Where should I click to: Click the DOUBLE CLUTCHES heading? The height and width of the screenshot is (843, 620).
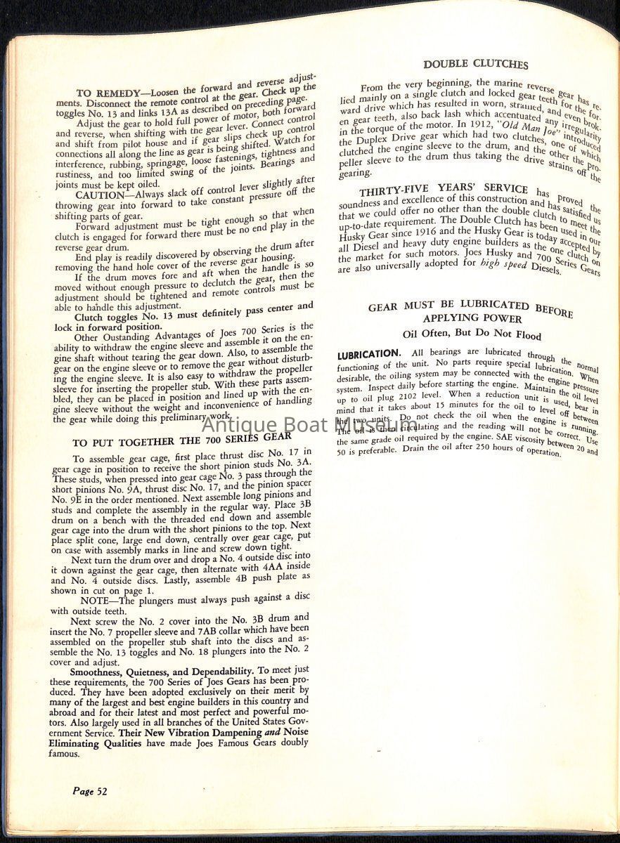[475, 64]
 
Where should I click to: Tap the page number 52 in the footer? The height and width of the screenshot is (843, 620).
[89, 791]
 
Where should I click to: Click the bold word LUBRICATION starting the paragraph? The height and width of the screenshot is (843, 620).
[369, 353]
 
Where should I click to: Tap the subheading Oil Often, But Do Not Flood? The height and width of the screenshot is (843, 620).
[472, 333]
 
